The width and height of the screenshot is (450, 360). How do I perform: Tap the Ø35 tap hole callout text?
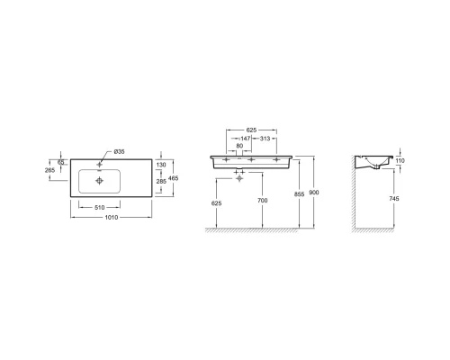coord(120,151)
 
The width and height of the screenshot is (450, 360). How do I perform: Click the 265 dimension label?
coord(50,170)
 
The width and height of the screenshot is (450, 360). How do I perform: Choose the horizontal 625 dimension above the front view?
coord(253,129)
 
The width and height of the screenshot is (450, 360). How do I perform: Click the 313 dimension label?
coord(265,138)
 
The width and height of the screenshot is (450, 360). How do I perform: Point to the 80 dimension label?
coord(238,146)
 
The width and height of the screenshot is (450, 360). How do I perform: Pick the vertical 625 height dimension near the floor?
coord(217,204)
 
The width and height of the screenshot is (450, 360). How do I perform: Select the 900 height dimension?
coord(312,192)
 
